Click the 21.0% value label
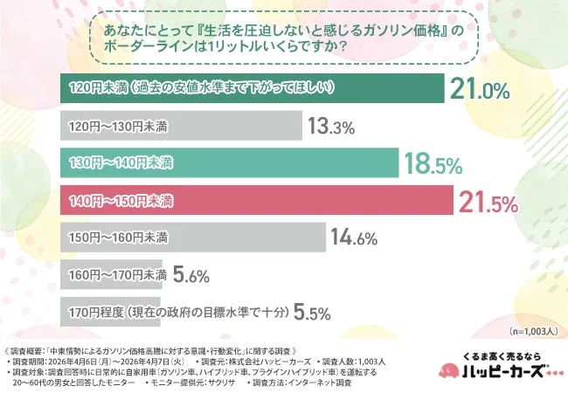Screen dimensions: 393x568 (x=479, y=89)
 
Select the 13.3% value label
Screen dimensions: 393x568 (x=330, y=127)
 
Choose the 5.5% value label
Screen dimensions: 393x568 (x=313, y=312)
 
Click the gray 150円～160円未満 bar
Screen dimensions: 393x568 (x=192, y=238)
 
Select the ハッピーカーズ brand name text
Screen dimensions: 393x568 (x=501, y=374)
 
